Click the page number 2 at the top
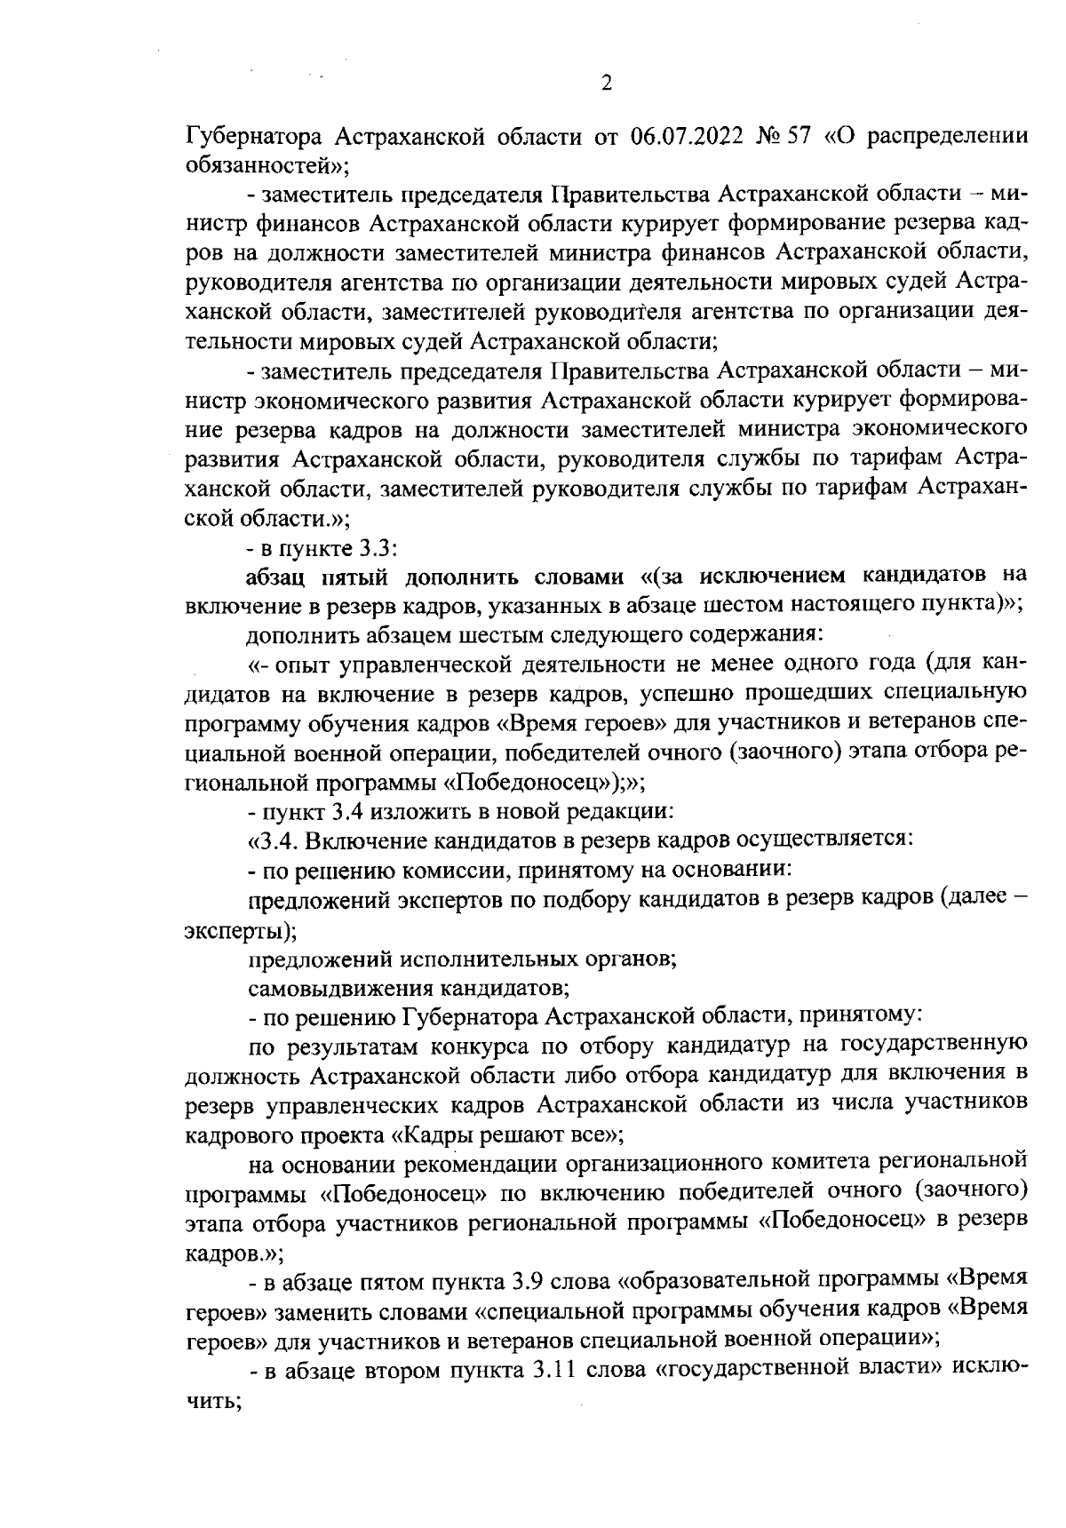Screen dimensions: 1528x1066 point(607,84)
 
